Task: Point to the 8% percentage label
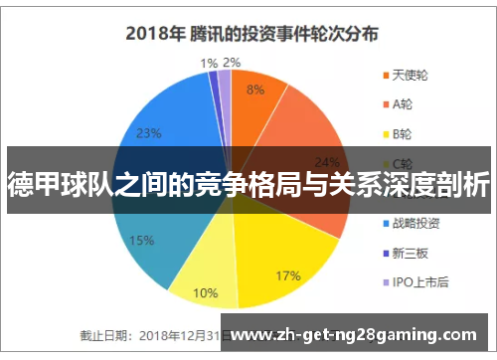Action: pos(255,89)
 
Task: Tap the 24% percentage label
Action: pos(325,162)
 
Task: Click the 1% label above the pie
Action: pos(209,63)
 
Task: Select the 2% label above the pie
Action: pos(232,63)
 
